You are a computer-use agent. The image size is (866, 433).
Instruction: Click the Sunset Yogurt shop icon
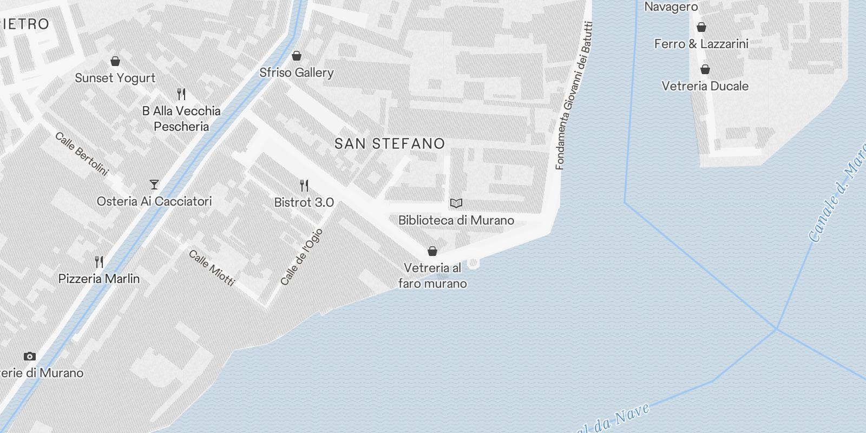pyautogui.click(x=115, y=61)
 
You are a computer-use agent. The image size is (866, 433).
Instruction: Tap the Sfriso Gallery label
pyautogui.click(x=296, y=73)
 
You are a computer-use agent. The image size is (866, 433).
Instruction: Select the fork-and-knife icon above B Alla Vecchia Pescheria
pyautogui.click(x=181, y=94)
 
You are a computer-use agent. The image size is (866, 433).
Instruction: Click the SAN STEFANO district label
pyautogui.click(x=390, y=143)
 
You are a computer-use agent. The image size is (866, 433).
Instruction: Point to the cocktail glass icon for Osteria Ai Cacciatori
pyautogui.click(x=154, y=185)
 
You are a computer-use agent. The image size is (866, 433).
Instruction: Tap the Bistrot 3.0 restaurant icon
pyautogui.click(x=304, y=186)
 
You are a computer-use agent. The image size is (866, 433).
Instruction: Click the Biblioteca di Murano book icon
pyautogui.click(x=456, y=204)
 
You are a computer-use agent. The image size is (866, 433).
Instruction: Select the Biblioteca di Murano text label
pyautogui.click(x=456, y=220)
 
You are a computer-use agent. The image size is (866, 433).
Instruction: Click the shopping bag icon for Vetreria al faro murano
pyautogui.click(x=432, y=251)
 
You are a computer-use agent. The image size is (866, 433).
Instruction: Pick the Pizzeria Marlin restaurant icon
pyautogui.click(x=99, y=262)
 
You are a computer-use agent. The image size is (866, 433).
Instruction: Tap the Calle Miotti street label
pyautogui.click(x=212, y=267)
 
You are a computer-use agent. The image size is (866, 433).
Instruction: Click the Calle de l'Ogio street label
pyautogui.click(x=301, y=257)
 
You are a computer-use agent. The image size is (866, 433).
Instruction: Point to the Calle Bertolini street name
pyautogui.click(x=82, y=154)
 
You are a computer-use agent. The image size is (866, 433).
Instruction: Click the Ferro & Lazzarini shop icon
pyautogui.click(x=701, y=27)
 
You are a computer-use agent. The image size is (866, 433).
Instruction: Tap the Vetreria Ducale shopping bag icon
pyautogui.click(x=705, y=69)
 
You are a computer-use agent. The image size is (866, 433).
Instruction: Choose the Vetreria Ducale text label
pyautogui.click(x=705, y=86)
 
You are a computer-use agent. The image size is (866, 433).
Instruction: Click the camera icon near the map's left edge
pyautogui.click(x=30, y=356)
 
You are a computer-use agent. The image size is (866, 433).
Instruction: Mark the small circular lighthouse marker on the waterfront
pyautogui.click(x=473, y=263)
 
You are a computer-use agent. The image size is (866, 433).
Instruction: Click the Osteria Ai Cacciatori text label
pyautogui.click(x=154, y=201)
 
